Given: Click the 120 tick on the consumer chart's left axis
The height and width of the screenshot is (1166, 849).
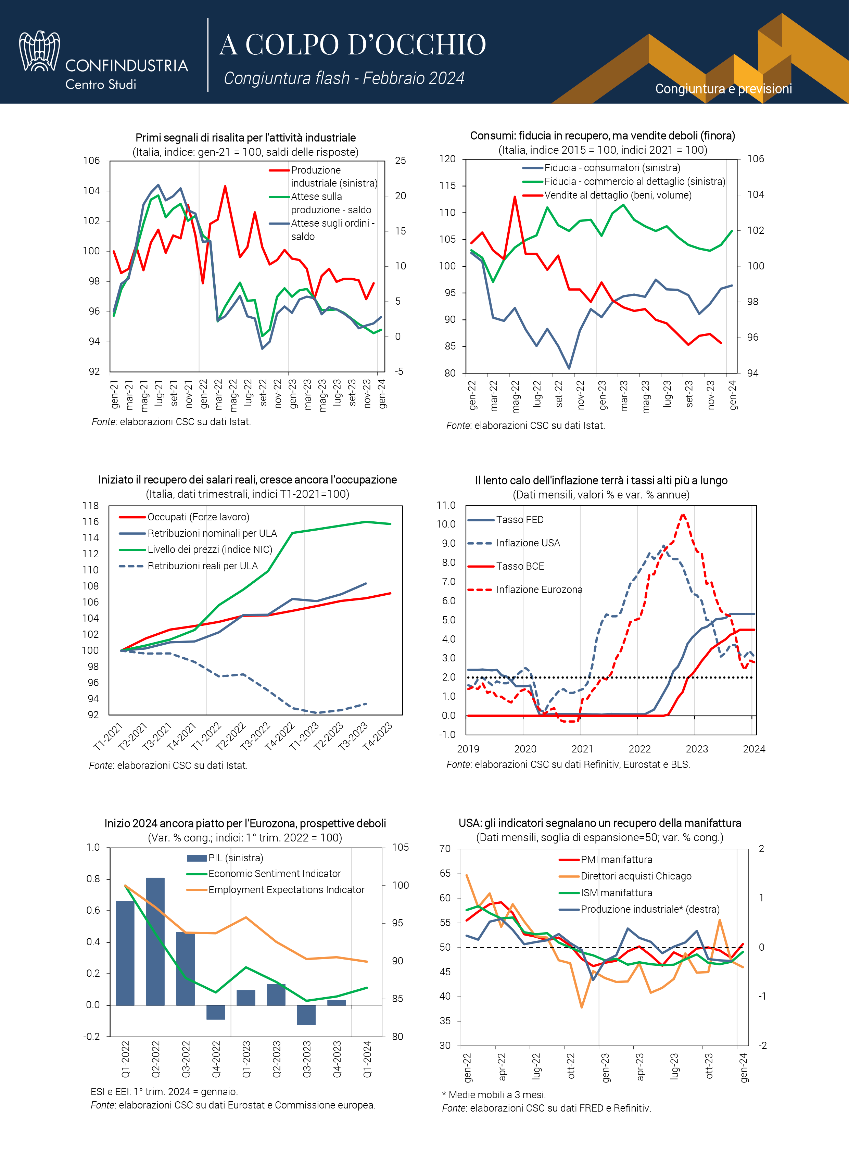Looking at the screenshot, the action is (x=447, y=159).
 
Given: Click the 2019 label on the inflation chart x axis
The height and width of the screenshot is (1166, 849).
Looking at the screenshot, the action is (x=468, y=749).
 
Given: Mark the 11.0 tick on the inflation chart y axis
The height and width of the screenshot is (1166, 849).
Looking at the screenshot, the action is (x=446, y=505).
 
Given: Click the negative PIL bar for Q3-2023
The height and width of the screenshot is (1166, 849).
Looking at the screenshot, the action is (x=306, y=1015).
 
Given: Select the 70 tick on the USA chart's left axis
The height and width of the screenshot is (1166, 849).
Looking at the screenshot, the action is (x=445, y=848).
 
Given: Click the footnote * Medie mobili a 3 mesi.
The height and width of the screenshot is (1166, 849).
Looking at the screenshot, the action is (x=494, y=1094).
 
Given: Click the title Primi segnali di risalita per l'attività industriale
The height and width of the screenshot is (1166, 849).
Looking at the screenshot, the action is (x=245, y=138).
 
